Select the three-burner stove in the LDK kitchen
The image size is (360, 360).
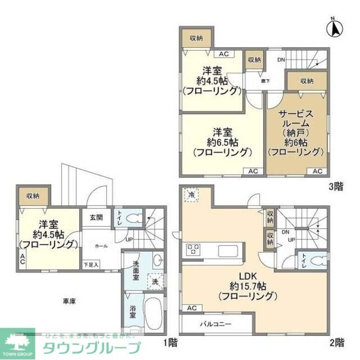[x=193, y=249]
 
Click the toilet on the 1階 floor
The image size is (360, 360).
[x=133, y=217]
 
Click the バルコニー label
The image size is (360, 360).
[x=216, y=324]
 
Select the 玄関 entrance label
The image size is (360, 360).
[x=96, y=217]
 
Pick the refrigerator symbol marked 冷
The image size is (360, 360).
[x=192, y=195]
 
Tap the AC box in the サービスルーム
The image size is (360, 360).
[x=317, y=171]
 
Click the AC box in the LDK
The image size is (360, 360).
[x=192, y=308]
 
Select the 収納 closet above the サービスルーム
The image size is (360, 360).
[x=307, y=81]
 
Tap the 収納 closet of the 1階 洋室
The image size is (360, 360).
[x=33, y=196]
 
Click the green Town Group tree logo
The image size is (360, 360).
[x=17, y=343]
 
